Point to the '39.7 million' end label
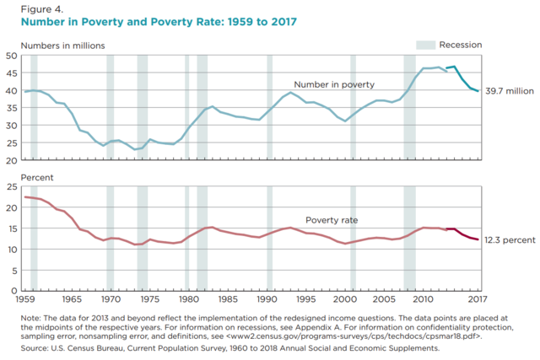pyautogui.click(x=510, y=91)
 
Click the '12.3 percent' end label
pyautogui.click(x=510, y=240)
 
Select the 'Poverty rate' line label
pyautogui.click(x=333, y=219)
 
